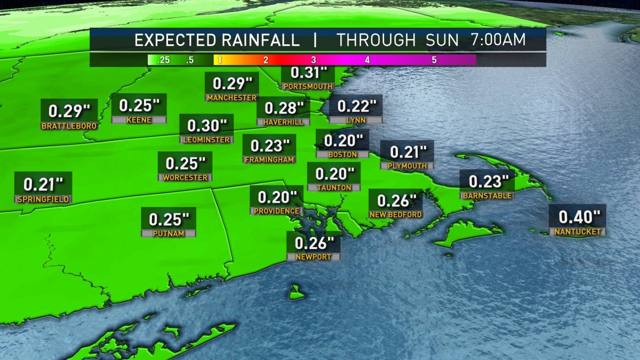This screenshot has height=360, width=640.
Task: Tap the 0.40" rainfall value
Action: [x=579, y=218]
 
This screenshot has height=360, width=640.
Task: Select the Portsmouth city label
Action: [x=308, y=86]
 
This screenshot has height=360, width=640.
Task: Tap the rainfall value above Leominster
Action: [x=206, y=126]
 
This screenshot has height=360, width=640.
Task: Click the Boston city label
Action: [x=342, y=155]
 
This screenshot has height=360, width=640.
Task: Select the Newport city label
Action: [x=313, y=257]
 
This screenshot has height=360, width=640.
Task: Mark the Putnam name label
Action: [x=169, y=234]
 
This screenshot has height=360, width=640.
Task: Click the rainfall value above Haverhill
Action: [x=283, y=108]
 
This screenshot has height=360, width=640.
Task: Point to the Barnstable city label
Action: [x=487, y=196]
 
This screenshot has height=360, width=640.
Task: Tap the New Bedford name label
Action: [x=396, y=214]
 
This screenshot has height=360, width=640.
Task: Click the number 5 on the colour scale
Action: [x=434, y=60]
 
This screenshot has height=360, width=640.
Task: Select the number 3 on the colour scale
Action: [x=314, y=60]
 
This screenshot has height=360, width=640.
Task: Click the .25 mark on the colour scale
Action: [x=164, y=60]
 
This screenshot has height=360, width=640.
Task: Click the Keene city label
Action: [x=139, y=120]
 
